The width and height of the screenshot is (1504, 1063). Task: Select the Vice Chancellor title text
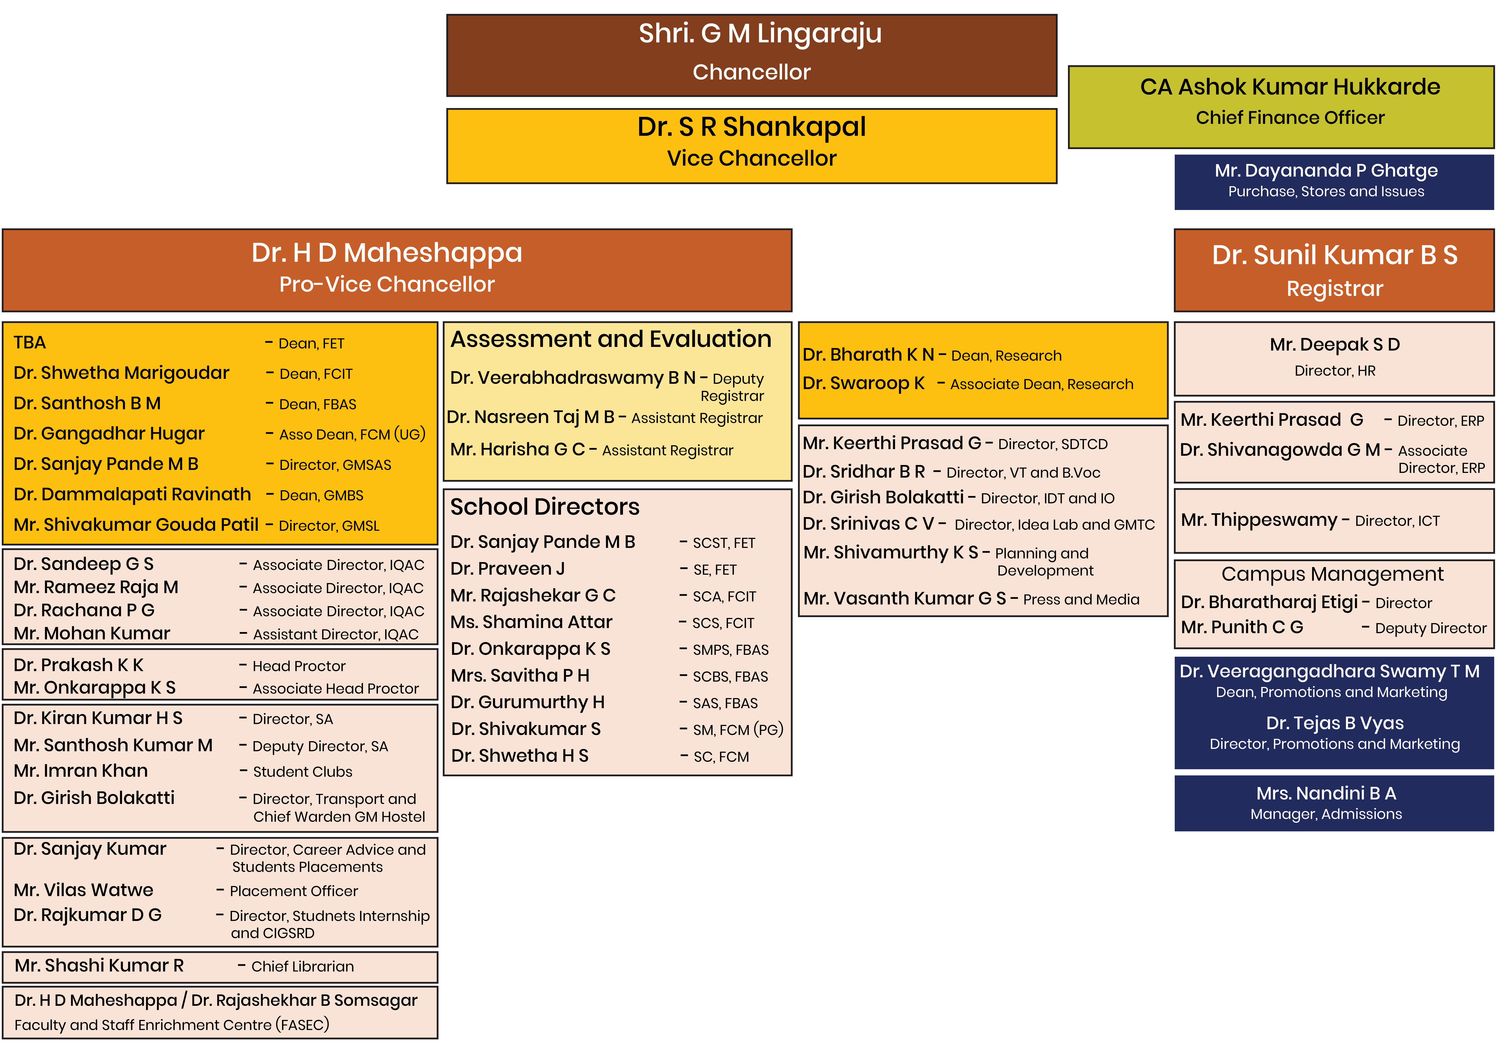pyautogui.click(x=751, y=159)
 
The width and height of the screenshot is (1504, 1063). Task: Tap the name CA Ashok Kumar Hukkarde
pyautogui.click(x=1290, y=87)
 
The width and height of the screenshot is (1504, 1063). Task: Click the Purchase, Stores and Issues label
pyautogui.click(x=1326, y=192)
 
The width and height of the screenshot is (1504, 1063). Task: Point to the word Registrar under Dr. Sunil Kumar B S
pyautogui.click(x=1334, y=289)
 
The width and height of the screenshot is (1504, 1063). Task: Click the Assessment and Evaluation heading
pyautogui.click(x=611, y=339)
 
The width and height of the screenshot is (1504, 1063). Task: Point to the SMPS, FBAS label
pyautogui.click(x=730, y=650)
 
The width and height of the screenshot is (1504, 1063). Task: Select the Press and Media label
pyautogui.click(x=1081, y=600)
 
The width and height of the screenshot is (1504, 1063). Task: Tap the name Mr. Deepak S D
pyautogui.click(x=1334, y=345)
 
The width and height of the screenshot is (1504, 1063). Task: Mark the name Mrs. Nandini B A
pyautogui.click(x=1326, y=794)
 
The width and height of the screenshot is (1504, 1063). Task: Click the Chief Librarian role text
pyautogui.click(x=302, y=967)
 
